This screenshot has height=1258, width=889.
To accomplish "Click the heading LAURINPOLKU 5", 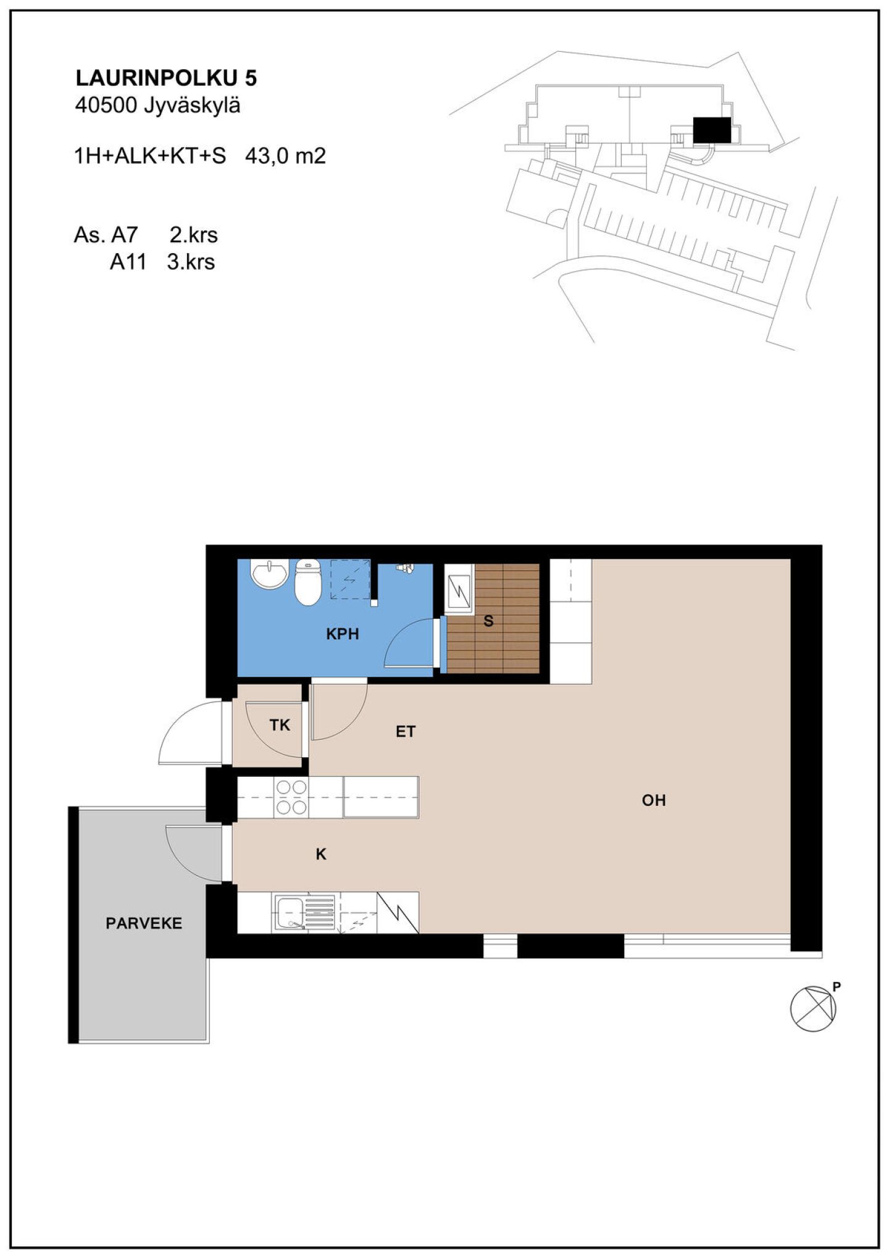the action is pyautogui.click(x=166, y=78).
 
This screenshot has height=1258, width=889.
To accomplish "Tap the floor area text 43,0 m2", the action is pyautogui.click(x=285, y=156).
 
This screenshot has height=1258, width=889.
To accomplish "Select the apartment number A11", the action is pyautogui.click(x=128, y=262).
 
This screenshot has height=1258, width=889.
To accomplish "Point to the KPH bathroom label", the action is pyautogui.click(x=343, y=634).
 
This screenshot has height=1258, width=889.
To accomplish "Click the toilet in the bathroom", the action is pyautogui.click(x=308, y=582).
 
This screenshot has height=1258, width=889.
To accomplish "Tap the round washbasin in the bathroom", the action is pyautogui.click(x=269, y=574).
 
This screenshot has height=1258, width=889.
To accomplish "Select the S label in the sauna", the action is pyautogui.click(x=488, y=621).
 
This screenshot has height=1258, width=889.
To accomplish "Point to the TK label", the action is pyautogui.click(x=280, y=725).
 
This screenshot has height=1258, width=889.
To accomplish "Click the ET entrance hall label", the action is pyautogui.click(x=406, y=732).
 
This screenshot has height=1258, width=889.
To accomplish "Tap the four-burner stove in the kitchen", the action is pyautogui.click(x=291, y=797).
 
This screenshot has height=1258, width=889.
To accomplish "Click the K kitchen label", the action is pyautogui.click(x=321, y=854).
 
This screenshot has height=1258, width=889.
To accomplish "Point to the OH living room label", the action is pyautogui.click(x=654, y=800).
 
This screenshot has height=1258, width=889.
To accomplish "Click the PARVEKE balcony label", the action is pyautogui.click(x=144, y=923).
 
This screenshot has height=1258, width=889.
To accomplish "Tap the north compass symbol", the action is pyautogui.click(x=813, y=1008).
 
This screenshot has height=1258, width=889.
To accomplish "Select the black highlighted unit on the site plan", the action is pyautogui.click(x=712, y=130).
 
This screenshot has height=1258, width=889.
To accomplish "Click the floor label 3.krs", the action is pyautogui.click(x=191, y=262).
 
